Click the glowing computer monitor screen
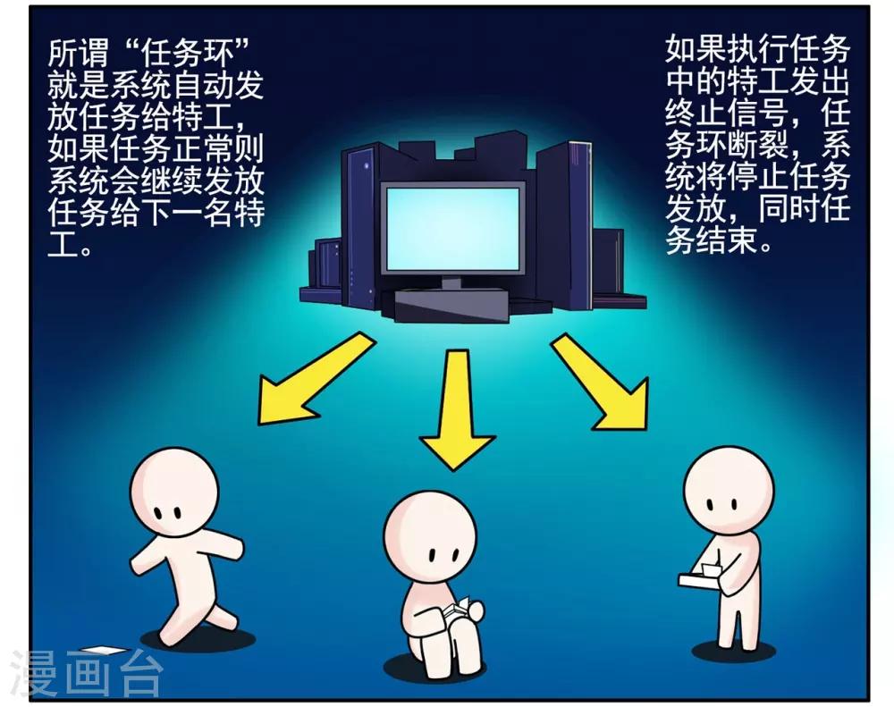click(453, 229)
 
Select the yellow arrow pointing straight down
click(456, 409)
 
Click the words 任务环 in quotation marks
click(187, 55)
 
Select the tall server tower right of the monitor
click(563, 223)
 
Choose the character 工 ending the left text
click(62, 244)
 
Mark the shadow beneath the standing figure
click(733, 650)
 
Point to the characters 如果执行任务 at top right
click(758, 49)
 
